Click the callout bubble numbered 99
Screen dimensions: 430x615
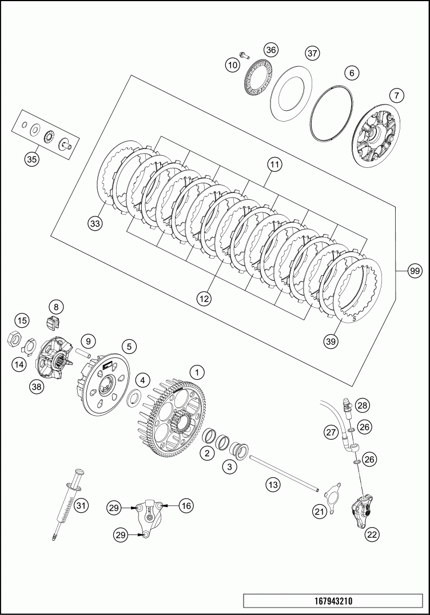[x=415, y=271]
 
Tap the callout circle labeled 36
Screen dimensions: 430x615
[x=270, y=50]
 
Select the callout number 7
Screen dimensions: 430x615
[x=397, y=95]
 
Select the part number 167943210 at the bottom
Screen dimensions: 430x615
[x=333, y=601]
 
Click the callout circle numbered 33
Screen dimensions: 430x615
[x=95, y=224]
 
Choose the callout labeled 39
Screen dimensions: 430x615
[x=331, y=341]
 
